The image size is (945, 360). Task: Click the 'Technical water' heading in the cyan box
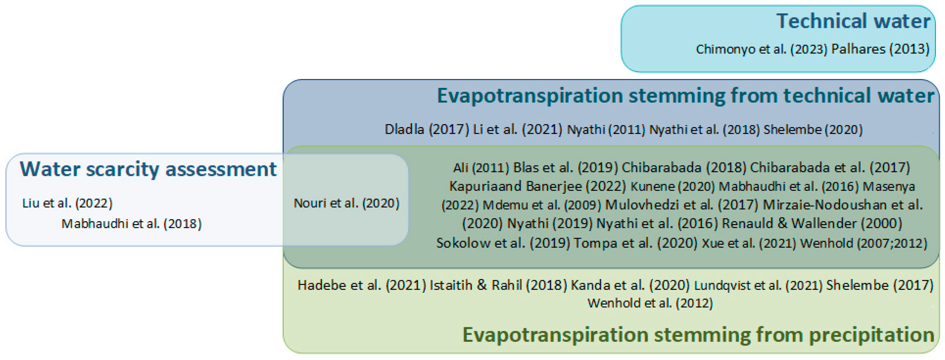853,21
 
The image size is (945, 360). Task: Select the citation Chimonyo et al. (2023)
762,49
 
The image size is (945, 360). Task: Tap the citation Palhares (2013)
880,49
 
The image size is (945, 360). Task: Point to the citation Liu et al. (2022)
68,203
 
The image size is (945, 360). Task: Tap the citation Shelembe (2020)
813,129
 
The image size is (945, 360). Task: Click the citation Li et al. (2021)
518,129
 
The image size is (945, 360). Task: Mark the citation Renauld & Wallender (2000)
812,223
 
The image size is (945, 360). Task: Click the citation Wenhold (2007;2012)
864,243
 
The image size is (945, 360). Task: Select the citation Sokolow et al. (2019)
503,243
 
